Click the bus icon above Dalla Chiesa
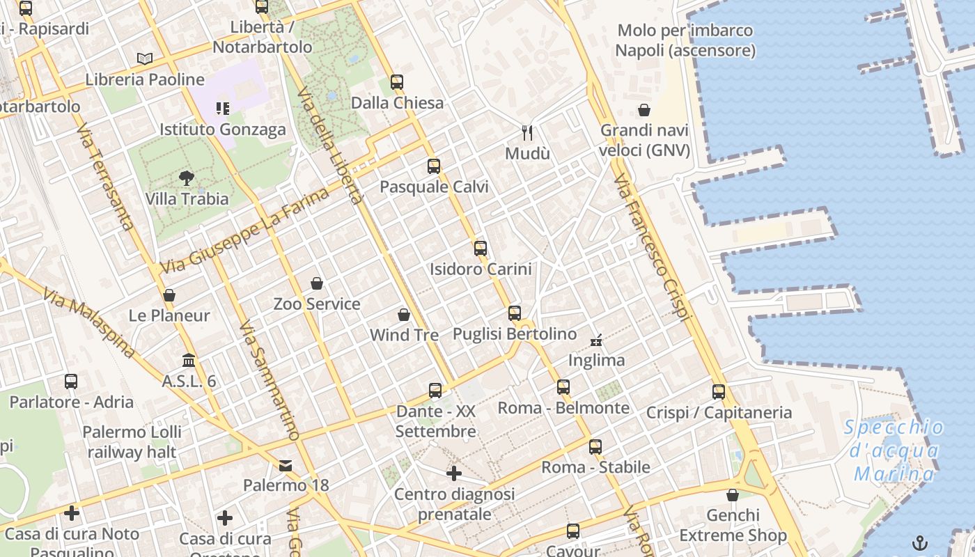click(x=397, y=81)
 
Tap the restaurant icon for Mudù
click(x=527, y=132)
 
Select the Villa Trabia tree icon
click(x=186, y=178)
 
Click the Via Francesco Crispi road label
click(x=653, y=248)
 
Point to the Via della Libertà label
click(x=330, y=146)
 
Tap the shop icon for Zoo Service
click(x=317, y=283)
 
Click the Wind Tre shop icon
click(x=404, y=315)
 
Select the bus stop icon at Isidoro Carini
click(x=481, y=248)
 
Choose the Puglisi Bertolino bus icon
click(x=515, y=313)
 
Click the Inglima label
click(x=596, y=361)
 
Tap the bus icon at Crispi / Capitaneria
click(x=719, y=392)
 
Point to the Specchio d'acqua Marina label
click(x=894, y=450)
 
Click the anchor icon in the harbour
click(x=920, y=542)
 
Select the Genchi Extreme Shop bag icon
click(x=733, y=495)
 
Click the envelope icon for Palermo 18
click(x=286, y=464)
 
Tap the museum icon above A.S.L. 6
click(x=189, y=361)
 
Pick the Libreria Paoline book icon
click(x=145, y=59)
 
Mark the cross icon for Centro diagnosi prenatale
click(x=454, y=474)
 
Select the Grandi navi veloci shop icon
click(x=644, y=110)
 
